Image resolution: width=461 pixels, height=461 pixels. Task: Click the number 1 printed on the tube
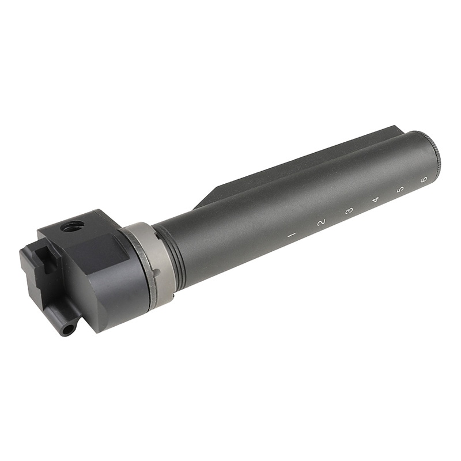click(292, 235)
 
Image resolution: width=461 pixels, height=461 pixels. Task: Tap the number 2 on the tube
click(321, 222)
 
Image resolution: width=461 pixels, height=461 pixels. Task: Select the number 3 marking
click(349, 211)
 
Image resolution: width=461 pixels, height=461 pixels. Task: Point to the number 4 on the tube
click(376, 199)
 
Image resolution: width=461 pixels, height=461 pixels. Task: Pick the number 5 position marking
click(400, 189)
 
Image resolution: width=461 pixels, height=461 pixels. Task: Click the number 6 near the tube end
click(424, 179)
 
